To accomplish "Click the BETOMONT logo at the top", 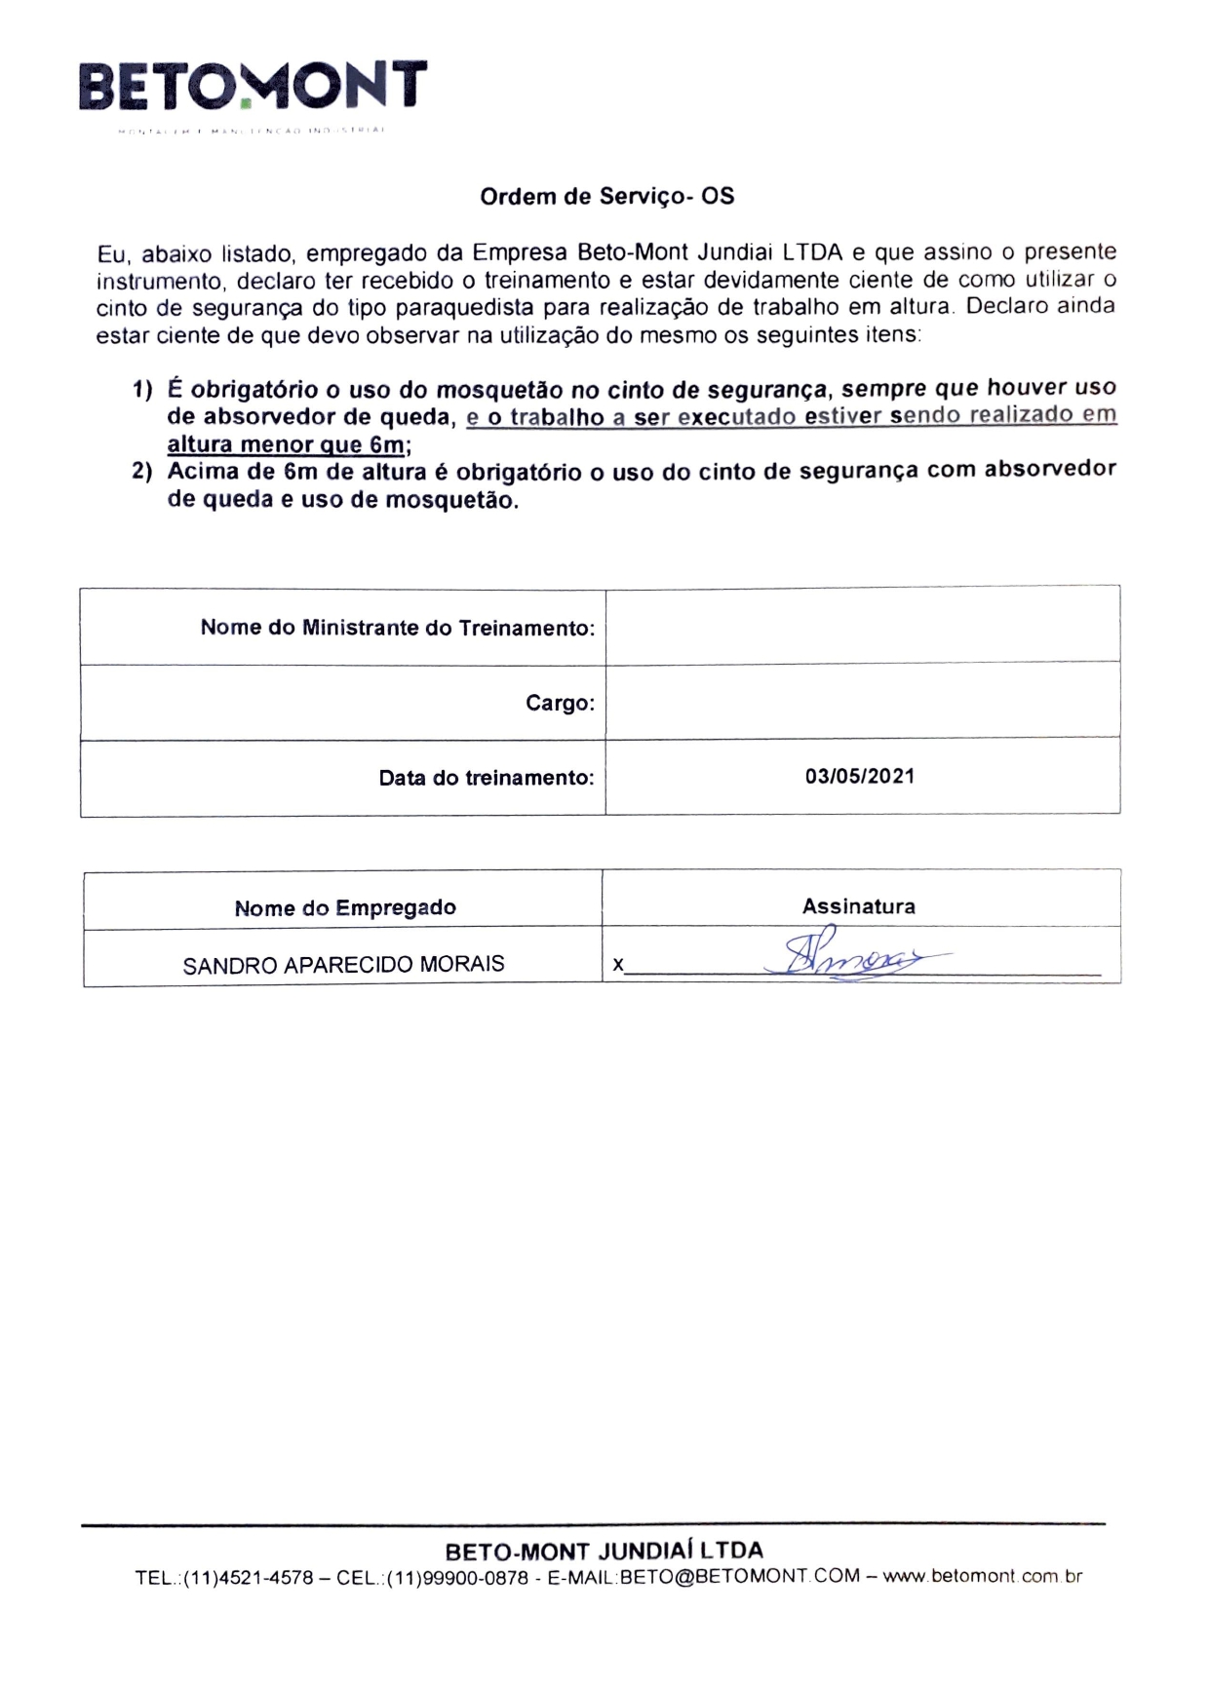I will coord(253,86).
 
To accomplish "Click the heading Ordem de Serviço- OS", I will coord(606,196).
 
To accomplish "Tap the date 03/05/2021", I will coord(860,776).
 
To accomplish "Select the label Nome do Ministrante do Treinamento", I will coord(397,628).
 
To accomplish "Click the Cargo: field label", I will coord(560,703).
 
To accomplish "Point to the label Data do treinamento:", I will coord(486,778).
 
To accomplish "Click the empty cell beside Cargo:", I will coord(862,701).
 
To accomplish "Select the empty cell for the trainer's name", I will coord(862,626).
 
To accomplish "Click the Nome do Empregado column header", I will coord(345,907).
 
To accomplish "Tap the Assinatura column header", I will coord(859,906).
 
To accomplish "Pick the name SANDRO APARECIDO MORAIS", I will coord(343,964).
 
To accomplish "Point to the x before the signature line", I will coord(617,965).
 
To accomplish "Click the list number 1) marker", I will coord(142,390).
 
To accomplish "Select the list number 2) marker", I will coord(142,472).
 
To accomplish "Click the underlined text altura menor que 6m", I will coord(285,444).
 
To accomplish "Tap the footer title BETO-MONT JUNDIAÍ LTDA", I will coord(605,1550).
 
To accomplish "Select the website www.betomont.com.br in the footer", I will coord(982,1576).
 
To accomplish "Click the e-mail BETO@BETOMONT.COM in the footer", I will coord(740,1576).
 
